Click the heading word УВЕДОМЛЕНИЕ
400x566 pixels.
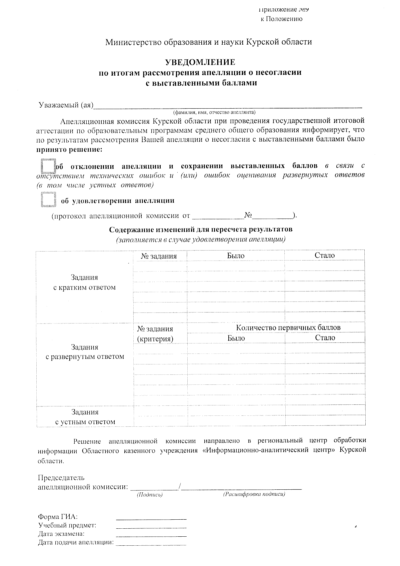click(200, 62)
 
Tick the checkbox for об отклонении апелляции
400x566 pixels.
click(48, 166)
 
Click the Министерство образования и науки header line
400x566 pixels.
click(209, 42)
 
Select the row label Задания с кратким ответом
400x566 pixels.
click(84, 283)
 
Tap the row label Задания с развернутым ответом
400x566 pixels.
click(85, 352)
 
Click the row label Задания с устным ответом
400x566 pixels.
click(85, 417)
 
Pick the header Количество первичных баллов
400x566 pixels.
click(288, 327)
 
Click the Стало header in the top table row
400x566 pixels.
click(325, 256)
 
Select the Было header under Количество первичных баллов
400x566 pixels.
click(236, 338)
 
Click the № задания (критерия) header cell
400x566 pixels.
click(155, 334)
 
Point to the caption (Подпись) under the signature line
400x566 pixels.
click(150, 495)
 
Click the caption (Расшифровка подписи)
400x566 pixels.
click(254, 494)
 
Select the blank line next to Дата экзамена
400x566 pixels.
click(151, 535)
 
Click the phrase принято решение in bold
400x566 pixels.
click(69, 149)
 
